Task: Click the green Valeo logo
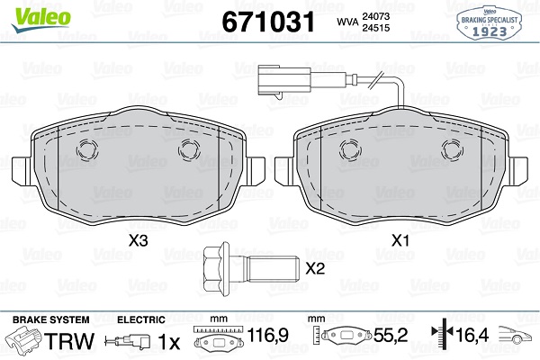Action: point(40,20)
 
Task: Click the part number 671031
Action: point(268,22)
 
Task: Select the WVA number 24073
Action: point(375,16)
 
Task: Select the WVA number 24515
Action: point(375,28)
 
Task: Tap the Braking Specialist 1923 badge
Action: point(489,23)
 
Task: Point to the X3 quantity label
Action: point(138,240)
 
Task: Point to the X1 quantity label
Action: point(400,240)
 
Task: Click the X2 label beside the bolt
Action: point(315,268)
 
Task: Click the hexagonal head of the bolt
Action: point(216,269)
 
